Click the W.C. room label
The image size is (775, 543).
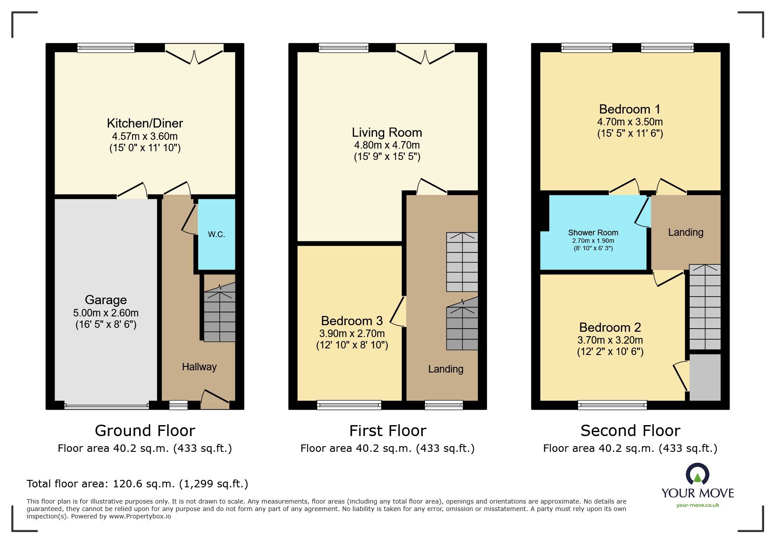click(216, 234)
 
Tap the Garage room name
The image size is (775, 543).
click(105, 300)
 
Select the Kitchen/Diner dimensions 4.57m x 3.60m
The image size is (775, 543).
click(144, 136)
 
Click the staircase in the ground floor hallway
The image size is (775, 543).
click(219, 313)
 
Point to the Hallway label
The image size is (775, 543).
click(199, 367)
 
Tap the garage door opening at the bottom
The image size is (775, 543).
click(106, 406)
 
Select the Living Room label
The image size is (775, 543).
click(387, 132)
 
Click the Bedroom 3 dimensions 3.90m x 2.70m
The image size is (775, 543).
click(352, 334)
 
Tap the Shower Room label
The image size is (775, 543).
click(593, 233)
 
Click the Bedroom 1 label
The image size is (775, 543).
click(630, 109)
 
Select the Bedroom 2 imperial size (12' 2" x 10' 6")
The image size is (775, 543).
click(610, 351)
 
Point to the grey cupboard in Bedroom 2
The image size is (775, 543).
click(705, 377)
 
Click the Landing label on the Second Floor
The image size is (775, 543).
click(685, 232)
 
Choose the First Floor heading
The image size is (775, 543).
click(387, 431)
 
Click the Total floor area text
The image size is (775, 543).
click(137, 484)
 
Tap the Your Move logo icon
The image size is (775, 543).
click(697, 475)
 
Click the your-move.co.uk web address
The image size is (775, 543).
click(698, 505)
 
